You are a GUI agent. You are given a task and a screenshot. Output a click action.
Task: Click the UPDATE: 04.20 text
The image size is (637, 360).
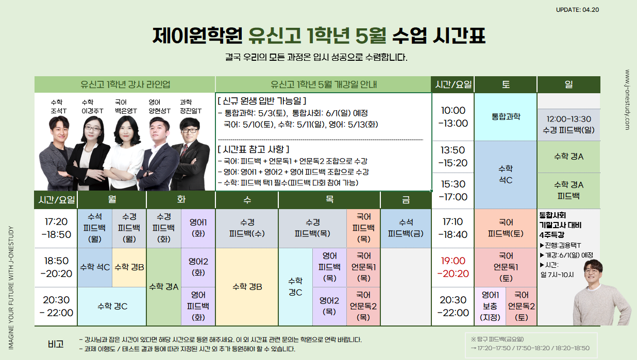577,10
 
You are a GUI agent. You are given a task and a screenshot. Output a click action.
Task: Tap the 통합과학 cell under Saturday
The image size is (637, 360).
506,117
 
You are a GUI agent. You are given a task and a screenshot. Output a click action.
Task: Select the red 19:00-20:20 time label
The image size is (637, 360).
453,267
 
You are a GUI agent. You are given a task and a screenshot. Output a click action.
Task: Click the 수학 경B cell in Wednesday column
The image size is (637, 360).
247,287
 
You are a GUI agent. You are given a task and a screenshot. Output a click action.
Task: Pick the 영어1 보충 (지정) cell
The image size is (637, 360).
490,306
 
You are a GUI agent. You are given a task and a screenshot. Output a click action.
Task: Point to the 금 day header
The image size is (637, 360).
406,200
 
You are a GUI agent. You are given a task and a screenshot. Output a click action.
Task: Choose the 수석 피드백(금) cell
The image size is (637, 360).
406,228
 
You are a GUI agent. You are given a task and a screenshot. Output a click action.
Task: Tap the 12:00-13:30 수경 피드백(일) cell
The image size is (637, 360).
568,125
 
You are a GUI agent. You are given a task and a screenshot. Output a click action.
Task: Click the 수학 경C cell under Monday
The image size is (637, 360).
112,306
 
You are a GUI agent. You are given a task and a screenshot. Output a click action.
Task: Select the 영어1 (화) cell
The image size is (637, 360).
198,228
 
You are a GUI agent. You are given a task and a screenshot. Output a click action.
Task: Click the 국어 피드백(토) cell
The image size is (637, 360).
506,228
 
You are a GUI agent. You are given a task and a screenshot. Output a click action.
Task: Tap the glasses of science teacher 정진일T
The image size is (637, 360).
190,130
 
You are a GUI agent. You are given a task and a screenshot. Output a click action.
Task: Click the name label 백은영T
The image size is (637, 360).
126,111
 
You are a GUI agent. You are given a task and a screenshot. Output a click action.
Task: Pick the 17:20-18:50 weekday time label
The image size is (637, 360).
56,228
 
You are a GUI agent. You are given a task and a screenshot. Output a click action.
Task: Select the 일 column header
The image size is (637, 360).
568,84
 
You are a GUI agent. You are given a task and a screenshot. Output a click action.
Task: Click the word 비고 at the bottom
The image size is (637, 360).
56,344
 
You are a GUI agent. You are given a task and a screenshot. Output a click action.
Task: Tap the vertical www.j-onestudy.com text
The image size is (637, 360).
627,100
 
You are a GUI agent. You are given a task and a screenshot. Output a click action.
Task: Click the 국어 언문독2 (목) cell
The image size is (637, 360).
363,306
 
